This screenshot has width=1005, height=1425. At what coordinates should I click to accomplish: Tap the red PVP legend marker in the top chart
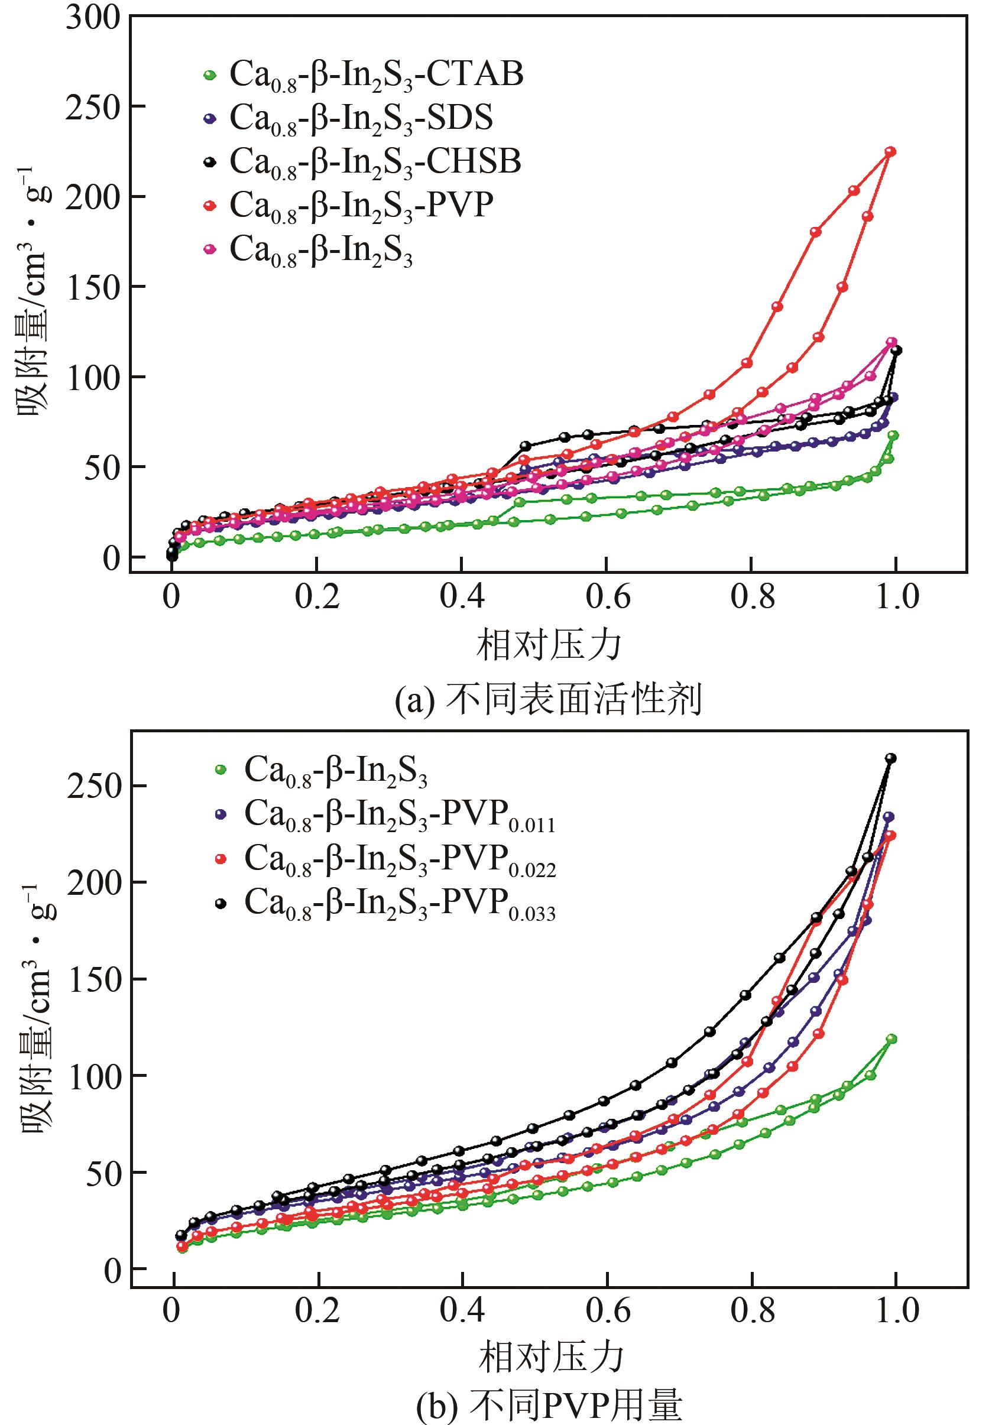[x=210, y=206]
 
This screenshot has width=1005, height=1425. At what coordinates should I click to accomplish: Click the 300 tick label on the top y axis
[x=93, y=19]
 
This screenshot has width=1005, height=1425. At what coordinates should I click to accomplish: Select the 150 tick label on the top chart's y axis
[x=93, y=287]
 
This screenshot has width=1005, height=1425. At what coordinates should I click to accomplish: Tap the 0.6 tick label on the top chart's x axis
[x=608, y=596]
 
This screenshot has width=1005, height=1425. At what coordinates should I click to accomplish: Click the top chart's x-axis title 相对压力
[x=549, y=645]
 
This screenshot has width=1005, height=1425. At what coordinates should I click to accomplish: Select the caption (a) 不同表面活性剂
[x=549, y=700]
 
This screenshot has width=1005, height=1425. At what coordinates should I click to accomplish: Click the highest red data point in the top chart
[x=890, y=151]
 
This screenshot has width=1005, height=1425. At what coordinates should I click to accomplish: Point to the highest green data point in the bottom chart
[x=891, y=1039]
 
